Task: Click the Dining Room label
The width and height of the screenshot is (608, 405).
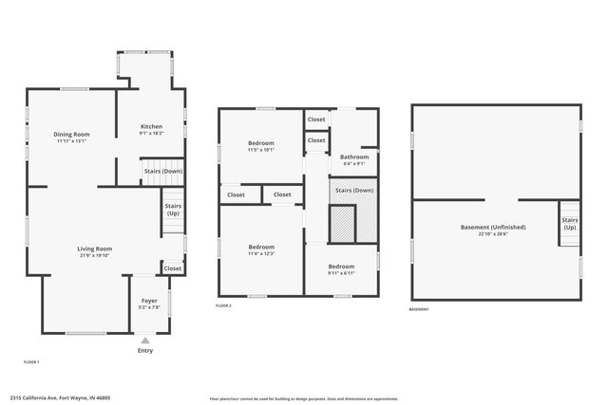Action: tap(71, 137)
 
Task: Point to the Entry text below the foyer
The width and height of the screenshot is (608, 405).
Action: tap(144, 351)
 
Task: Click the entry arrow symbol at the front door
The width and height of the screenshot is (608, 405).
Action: tap(144, 340)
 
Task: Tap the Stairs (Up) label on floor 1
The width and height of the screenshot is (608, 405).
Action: tap(173, 210)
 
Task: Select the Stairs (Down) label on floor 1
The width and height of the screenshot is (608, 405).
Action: tap(162, 172)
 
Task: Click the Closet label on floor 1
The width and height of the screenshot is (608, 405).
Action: tap(172, 268)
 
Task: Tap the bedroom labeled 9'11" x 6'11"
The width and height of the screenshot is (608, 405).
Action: tap(341, 269)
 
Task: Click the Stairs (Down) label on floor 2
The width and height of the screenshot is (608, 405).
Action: tap(353, 190)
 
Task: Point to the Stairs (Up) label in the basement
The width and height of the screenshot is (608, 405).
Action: tap(569, 224)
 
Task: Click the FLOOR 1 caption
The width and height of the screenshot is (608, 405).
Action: tap(31, 362)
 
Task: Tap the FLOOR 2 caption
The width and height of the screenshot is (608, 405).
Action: tap(223, 305)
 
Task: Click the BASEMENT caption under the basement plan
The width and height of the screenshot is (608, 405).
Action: tap(419, 309)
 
